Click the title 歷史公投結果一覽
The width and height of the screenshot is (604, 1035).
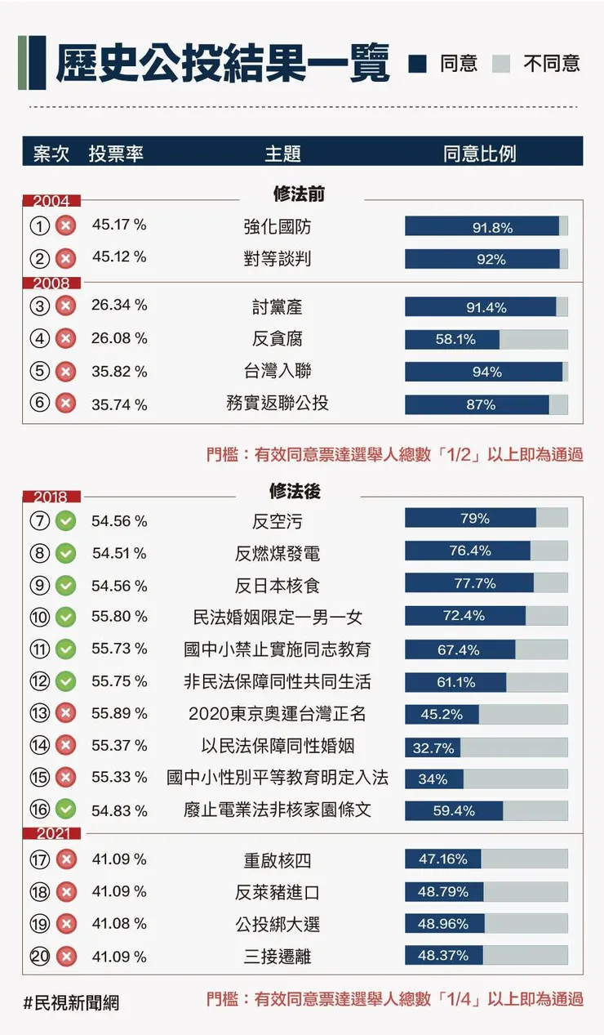click(x=222, y=63)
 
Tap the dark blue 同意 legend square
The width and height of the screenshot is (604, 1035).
click(x=418, y=64)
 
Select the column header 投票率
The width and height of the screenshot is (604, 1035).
click(x=116, y=154)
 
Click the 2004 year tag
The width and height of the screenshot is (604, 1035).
click(x=51, y=201)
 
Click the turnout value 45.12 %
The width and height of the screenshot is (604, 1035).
click(x=119, y=257)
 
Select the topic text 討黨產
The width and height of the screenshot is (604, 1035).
click(x=277, y=306)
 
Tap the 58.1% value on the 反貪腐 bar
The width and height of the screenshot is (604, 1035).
click(x=455, y=339)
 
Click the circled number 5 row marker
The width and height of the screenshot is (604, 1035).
click(x=39, y=372)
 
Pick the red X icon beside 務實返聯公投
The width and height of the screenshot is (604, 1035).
click(x=65, y=404)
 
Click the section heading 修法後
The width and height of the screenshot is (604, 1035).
click(x=295, y=491)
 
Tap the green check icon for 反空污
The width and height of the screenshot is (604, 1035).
click(x=65, y=520)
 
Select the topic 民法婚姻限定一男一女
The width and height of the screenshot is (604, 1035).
click(x=277, y=617)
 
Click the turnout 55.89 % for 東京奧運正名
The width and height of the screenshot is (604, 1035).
click(x=119, y=713)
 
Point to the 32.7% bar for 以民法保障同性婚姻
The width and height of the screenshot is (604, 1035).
click(x=433, y=747)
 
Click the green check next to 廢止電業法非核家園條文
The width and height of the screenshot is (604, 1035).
click(x=65, y=810)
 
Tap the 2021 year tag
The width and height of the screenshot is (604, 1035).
click(x=51, y=834)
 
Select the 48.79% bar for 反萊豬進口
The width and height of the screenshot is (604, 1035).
click(x=444, y=891)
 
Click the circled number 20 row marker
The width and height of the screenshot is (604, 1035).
click(x=39, y=956)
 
